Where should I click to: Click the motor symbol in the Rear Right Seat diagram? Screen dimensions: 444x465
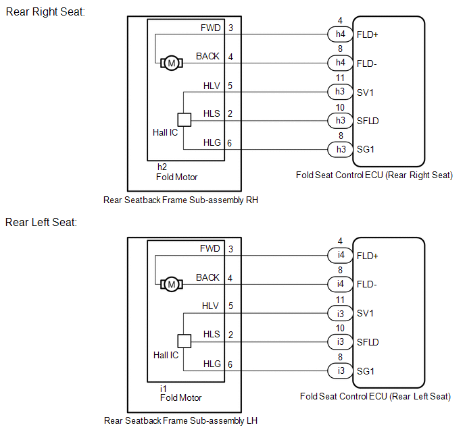[170, 63]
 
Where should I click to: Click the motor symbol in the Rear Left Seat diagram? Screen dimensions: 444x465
[170, 285]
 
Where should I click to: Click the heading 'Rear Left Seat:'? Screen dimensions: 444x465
[42, 222]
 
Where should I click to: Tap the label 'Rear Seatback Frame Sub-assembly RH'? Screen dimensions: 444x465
[180, 200]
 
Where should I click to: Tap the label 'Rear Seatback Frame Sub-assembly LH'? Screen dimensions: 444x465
[180, 420]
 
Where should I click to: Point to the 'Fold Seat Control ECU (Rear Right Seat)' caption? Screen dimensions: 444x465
[374, 175]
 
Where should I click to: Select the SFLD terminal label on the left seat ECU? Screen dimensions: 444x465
[368, 342]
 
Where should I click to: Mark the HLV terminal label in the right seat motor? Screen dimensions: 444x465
[211, 86]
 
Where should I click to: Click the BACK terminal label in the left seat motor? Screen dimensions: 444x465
[207, 277]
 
